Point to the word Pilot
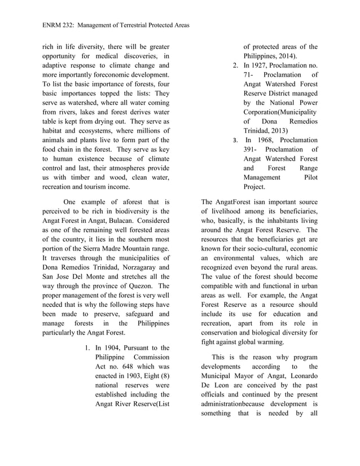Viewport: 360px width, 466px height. tap(309, 177)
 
